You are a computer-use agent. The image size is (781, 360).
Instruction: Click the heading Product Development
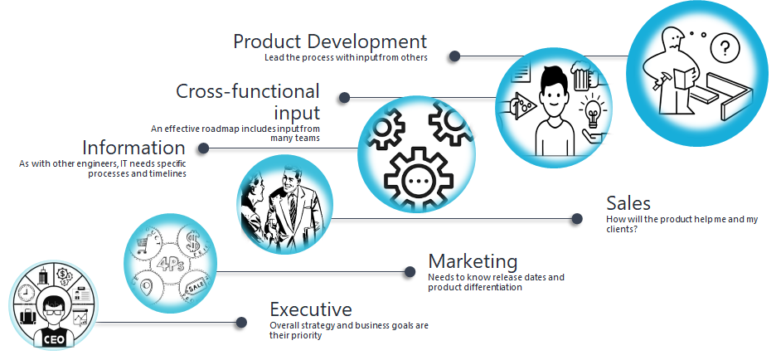pyautogui.click(x=330, y=41)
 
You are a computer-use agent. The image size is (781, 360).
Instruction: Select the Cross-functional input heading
pyautogui.click(x=248, y=102)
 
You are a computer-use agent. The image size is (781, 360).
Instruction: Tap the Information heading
pyautogui.click(x=133, y=148)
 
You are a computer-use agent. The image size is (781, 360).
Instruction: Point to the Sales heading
pyautogui.click(x=628, y=203)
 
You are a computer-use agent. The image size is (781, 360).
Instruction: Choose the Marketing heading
pyautogui.click(x=473, y=261)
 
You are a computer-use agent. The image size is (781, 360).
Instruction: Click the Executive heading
pyautogui.click(x=311, y=309)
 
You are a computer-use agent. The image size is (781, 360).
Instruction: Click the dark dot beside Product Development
pyautogui.click(x=454, y=56)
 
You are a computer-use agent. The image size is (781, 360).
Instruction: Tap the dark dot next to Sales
pyautogui.click(x=577, y=218)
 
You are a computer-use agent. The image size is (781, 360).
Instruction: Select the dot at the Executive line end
pyautogui.click(x=241, y=323)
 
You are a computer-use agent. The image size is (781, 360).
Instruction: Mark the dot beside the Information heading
pyautogui.click(x=203, y=148)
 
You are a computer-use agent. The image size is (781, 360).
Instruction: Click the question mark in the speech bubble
pyautogui.click(x=725, y=48)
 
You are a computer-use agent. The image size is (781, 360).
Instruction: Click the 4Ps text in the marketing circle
pyautogui.click(x=170, y=264)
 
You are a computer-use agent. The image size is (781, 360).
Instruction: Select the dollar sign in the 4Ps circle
pyautogui.click(x=192, y=241)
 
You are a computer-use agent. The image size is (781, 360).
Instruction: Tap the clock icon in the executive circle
pyautogui.click(x=26, y=293)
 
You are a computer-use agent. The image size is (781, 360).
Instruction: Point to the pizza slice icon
pyautogui.click(x=525, y=104)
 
